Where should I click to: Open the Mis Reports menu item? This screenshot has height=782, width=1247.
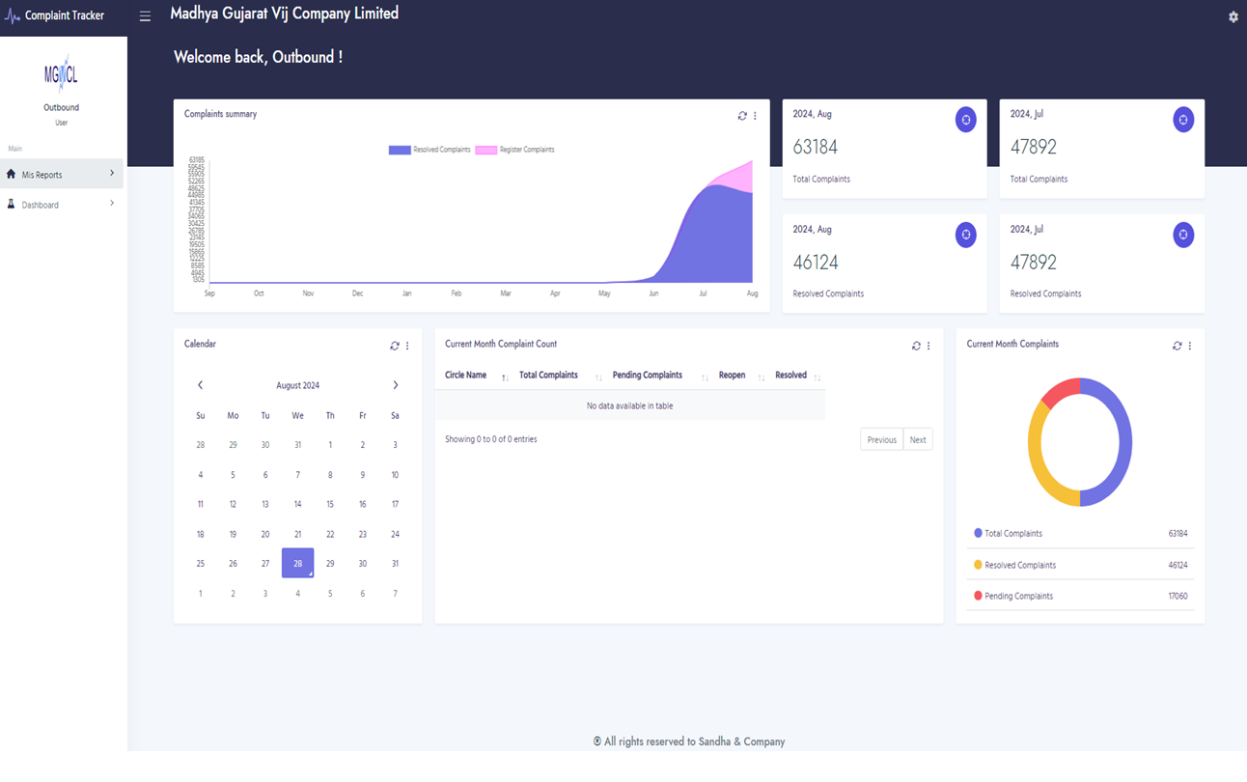42,175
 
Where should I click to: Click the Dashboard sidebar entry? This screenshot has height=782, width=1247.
41,205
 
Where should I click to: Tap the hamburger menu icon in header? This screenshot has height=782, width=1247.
145,16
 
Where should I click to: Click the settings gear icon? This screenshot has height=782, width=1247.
1233,17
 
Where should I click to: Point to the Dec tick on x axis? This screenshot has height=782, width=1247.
357,293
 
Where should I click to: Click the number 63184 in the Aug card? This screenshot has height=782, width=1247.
816,148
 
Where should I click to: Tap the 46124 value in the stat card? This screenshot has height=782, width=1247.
816,263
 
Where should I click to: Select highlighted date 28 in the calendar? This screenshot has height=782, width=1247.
297,563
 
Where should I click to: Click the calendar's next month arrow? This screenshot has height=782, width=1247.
396,385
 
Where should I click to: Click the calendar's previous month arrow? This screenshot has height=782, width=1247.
200,385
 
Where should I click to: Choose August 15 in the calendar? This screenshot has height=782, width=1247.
330,504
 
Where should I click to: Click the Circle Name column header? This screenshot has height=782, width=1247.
465,376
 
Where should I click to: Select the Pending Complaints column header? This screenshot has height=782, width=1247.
647,376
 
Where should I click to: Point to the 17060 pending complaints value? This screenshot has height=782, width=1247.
1178,597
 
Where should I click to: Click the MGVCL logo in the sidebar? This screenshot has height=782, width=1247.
61,74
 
